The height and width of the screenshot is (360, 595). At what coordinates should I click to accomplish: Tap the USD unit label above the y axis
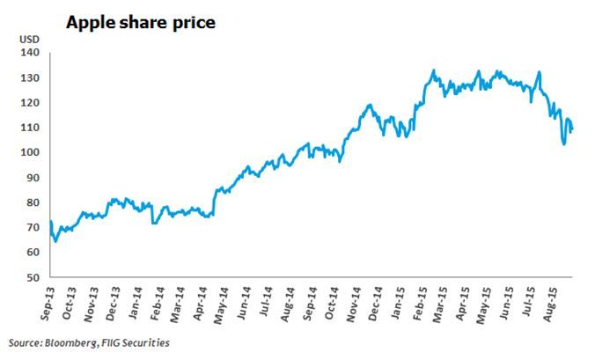pos(30,40)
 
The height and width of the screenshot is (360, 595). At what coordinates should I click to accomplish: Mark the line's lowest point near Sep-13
pos(55,240)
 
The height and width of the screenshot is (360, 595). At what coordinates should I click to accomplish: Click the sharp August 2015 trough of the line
pos(563,143)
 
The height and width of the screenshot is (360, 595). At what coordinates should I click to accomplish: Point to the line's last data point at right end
pos(572,130)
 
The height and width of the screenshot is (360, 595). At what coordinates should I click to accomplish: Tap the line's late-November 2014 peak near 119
pos(370,105)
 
